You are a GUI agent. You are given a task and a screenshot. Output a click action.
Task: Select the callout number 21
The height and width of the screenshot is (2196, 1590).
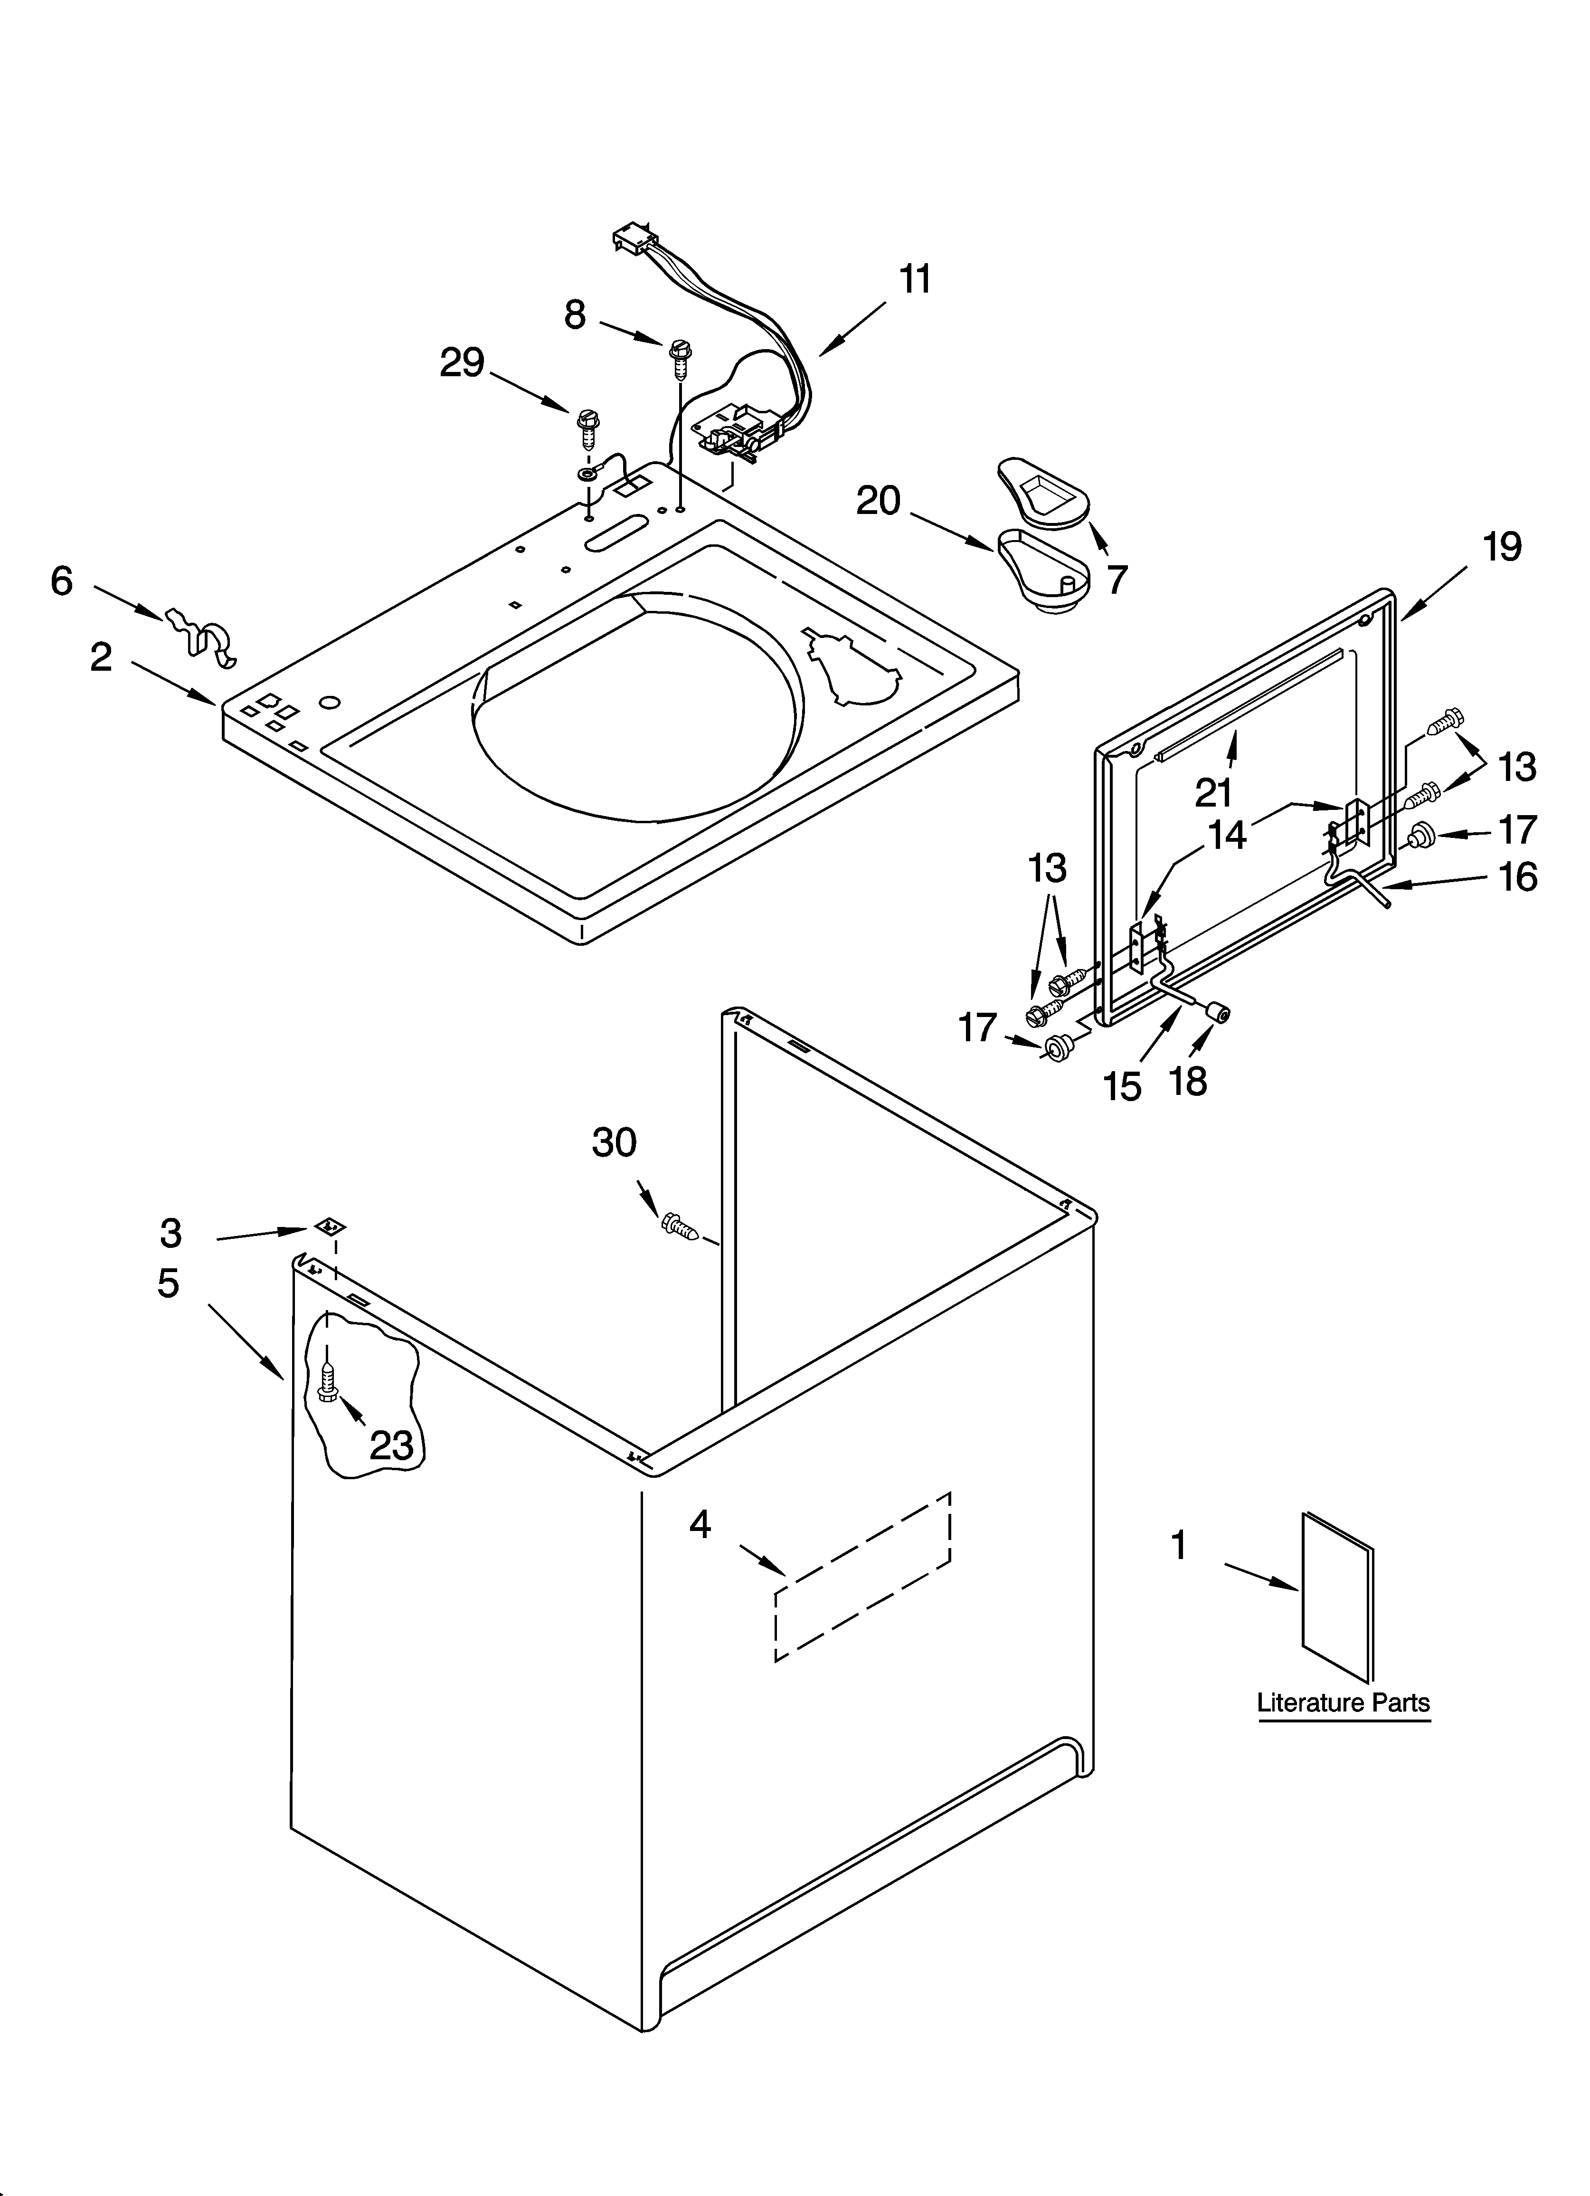click(x=1212, y=792)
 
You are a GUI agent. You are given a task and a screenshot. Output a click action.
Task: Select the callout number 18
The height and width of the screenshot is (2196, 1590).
click(x=1188, y=1081)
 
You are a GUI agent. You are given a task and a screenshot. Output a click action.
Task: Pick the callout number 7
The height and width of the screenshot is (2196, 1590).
click(x=1117, y=579)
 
